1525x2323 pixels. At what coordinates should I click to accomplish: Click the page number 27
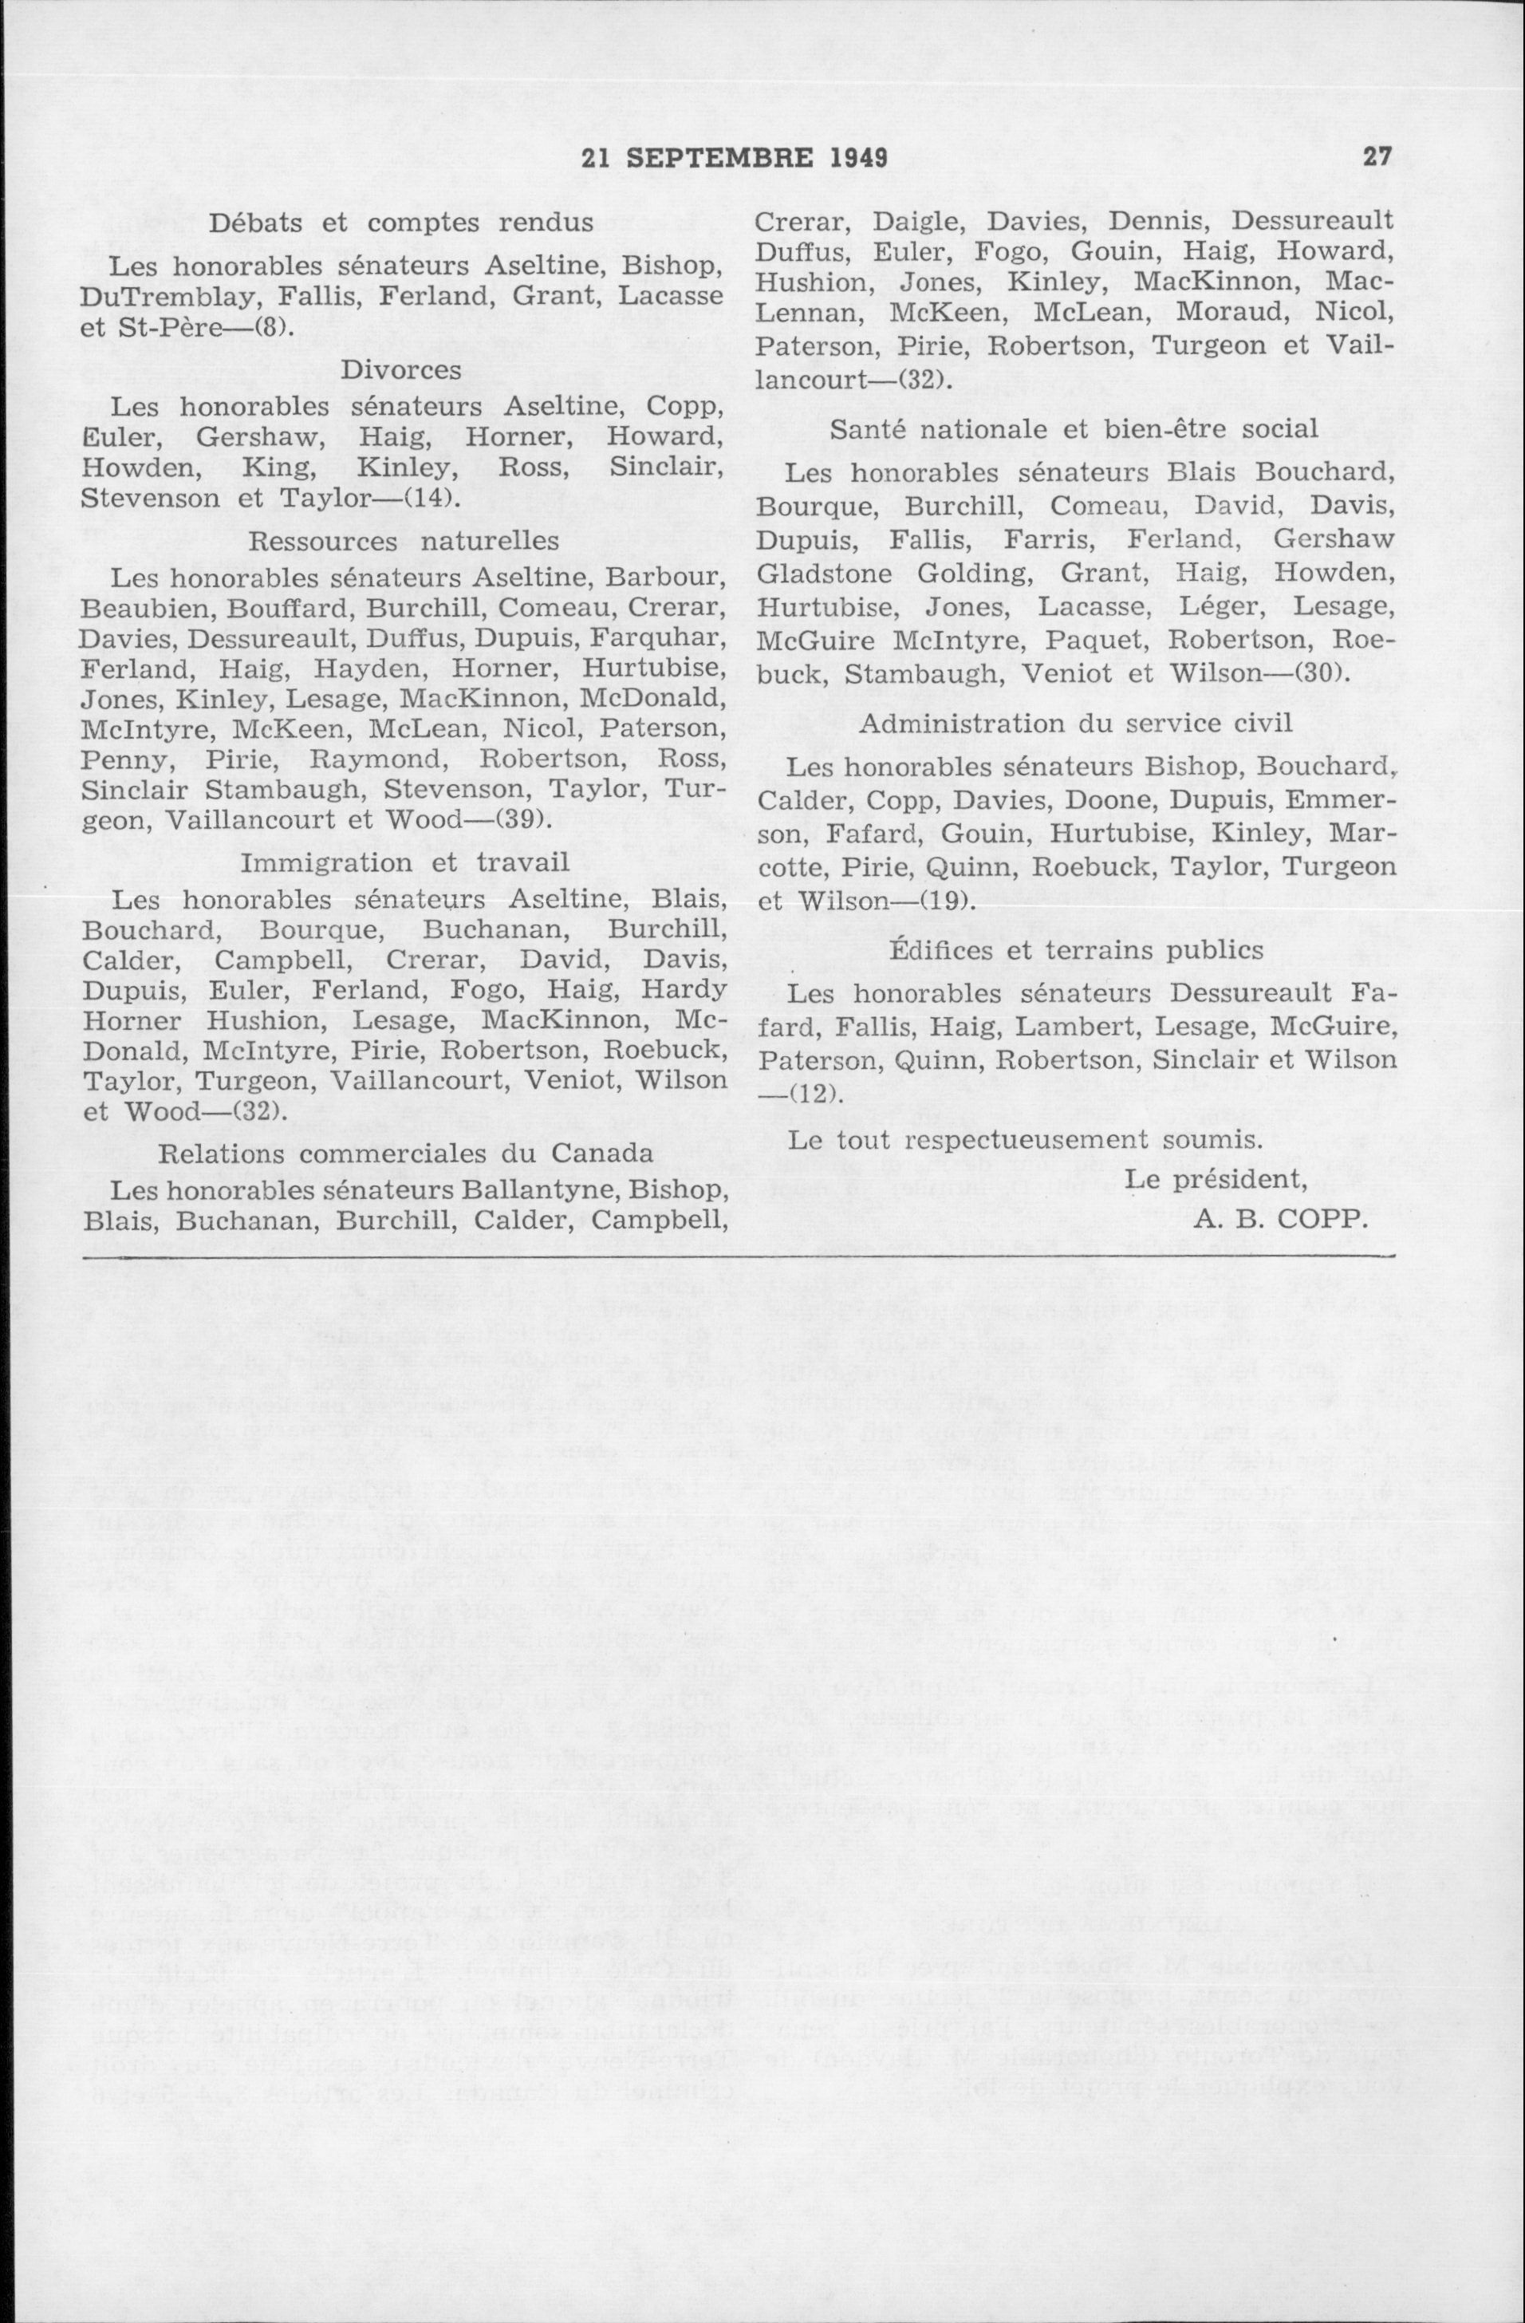(x=1377, y=157)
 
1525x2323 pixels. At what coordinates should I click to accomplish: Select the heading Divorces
(x=401, y=371)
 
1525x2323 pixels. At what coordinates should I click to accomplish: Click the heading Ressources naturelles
(x=404, y=541)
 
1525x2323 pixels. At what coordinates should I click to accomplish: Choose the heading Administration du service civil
(x=1075, y=724)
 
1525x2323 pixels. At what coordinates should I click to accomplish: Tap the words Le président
(x=1216, y=1179)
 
